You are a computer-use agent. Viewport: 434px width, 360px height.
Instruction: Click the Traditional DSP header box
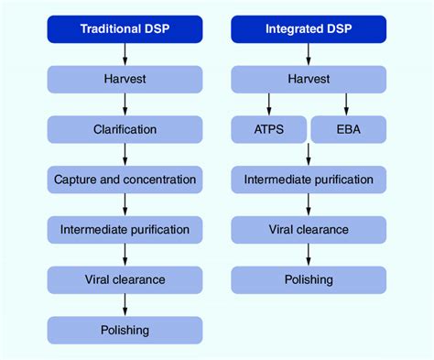(x=125, y=28)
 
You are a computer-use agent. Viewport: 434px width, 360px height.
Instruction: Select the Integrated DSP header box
(x=308, y=28)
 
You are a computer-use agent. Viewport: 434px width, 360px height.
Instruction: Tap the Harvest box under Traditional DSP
(x=125, y=80)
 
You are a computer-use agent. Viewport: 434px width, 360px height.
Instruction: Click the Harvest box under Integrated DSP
(x=308, y=80)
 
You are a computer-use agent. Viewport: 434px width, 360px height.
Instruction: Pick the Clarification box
(x=125, y=129)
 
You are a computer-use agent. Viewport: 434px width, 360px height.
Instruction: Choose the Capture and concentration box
(x=125, y=179)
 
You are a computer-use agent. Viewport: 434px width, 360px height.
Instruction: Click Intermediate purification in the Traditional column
(x=125, y=228)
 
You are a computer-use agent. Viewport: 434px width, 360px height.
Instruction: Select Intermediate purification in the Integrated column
(x=308, y=179)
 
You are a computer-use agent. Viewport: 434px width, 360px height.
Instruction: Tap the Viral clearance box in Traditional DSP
(x=125, y=278)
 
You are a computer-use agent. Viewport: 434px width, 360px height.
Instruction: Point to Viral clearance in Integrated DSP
(x=308, y=228)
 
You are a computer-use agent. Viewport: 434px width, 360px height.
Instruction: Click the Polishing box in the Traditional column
(x=125, y=329)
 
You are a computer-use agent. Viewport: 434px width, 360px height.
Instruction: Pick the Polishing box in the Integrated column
(x=308, y=278)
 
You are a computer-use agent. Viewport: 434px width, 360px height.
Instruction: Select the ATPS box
(x=267, y=130)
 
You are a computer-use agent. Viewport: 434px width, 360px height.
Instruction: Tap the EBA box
(x=348, y=130)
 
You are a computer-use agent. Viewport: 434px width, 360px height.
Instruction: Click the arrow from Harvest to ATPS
(x=269, y=104)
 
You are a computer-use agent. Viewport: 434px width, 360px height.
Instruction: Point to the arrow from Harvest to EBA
(x=347, y=104)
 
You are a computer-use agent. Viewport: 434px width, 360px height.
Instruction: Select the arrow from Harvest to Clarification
(x=125, y=104)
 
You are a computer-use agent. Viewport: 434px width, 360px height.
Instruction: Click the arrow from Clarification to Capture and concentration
(x=125, y=154)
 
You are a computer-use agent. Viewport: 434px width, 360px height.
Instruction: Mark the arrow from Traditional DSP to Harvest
(x=125, y=54)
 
